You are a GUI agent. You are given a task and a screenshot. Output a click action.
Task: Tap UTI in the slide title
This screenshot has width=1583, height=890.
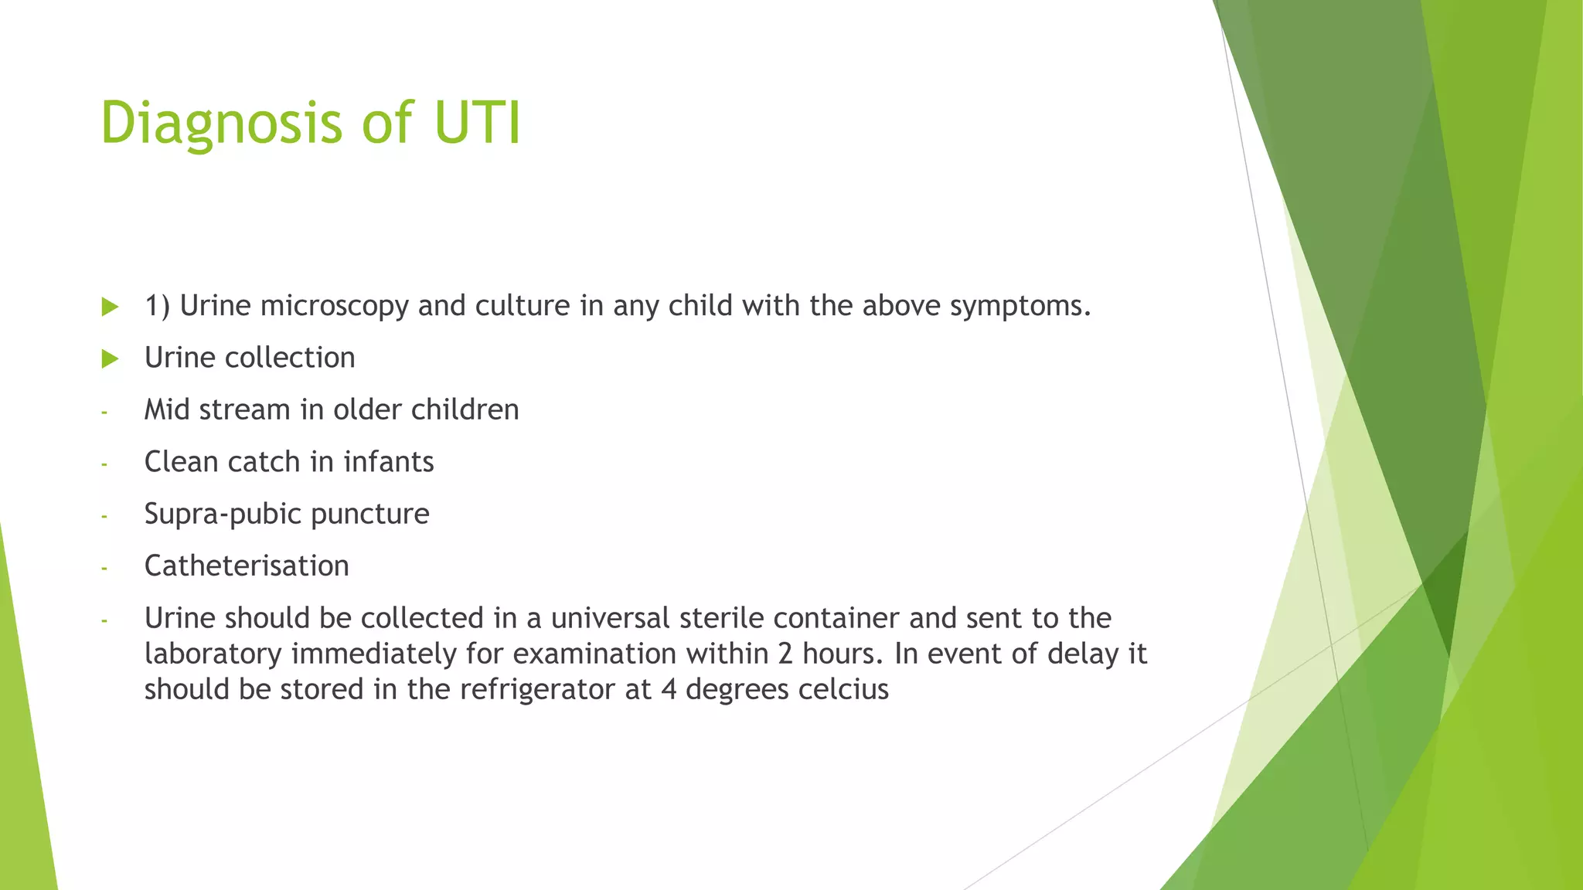(477, 122)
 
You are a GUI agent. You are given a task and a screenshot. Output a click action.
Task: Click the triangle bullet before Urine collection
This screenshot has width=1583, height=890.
(110, 358)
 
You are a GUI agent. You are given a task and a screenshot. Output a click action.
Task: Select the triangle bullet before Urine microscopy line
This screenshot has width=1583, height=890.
(110, 307)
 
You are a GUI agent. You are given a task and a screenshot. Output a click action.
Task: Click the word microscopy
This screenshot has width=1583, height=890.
(334, 307)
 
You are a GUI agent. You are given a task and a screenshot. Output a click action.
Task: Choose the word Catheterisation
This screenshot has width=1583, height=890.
(247, 566)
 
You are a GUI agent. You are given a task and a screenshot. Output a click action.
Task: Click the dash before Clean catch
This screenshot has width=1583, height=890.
(104, 464)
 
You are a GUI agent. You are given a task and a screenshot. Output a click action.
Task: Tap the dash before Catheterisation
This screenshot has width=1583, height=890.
(104, 569)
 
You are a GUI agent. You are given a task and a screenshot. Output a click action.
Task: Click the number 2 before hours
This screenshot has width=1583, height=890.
(785, 654)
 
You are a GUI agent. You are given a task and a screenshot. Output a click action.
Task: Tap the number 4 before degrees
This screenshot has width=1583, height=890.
(669, 689)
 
